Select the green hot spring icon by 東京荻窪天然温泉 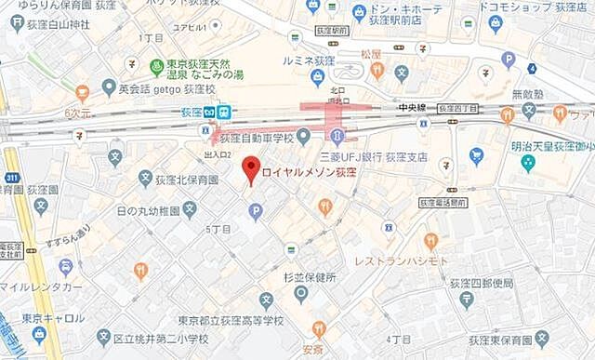pos(157,67)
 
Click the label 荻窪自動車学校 pos(257,138)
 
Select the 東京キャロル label pos(55,317)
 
